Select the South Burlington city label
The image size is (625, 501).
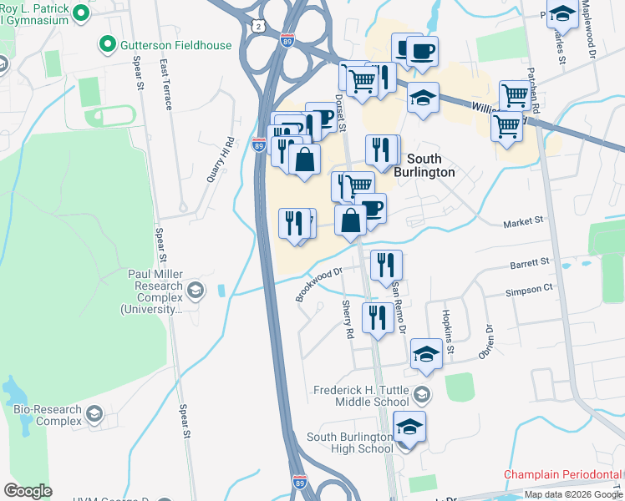(431, 165)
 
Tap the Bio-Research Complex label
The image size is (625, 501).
(47, 415)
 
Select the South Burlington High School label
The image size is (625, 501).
(350, 443)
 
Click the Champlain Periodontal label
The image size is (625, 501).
(563, 474)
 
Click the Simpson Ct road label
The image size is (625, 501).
(529, 287)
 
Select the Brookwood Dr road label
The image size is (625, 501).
(319, 284)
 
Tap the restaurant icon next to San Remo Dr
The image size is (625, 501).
(385, 265)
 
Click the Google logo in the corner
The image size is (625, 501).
(28, 491)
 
